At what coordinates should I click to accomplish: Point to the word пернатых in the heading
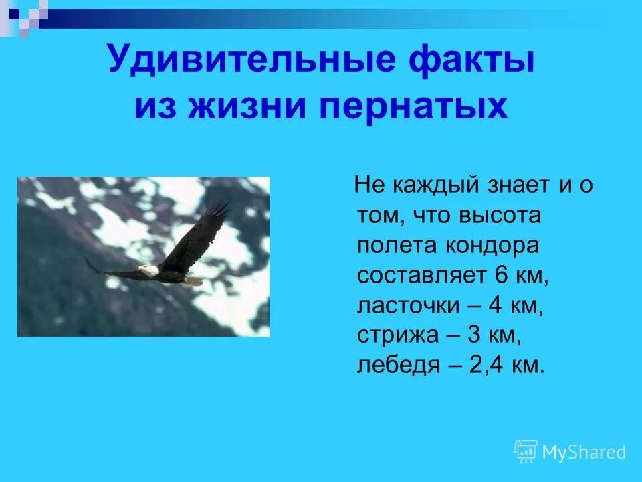(x=414, y=107)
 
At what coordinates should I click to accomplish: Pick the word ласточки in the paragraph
(x=408, y=305)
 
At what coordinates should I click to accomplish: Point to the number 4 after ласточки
(x=495, y=305)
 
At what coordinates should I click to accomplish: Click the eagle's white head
(x=150, y=270)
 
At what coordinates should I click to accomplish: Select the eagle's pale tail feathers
(x=193, y=280)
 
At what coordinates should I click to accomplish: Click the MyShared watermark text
(x=584, y=453)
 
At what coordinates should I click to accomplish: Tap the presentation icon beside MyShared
(x=526, y=452)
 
